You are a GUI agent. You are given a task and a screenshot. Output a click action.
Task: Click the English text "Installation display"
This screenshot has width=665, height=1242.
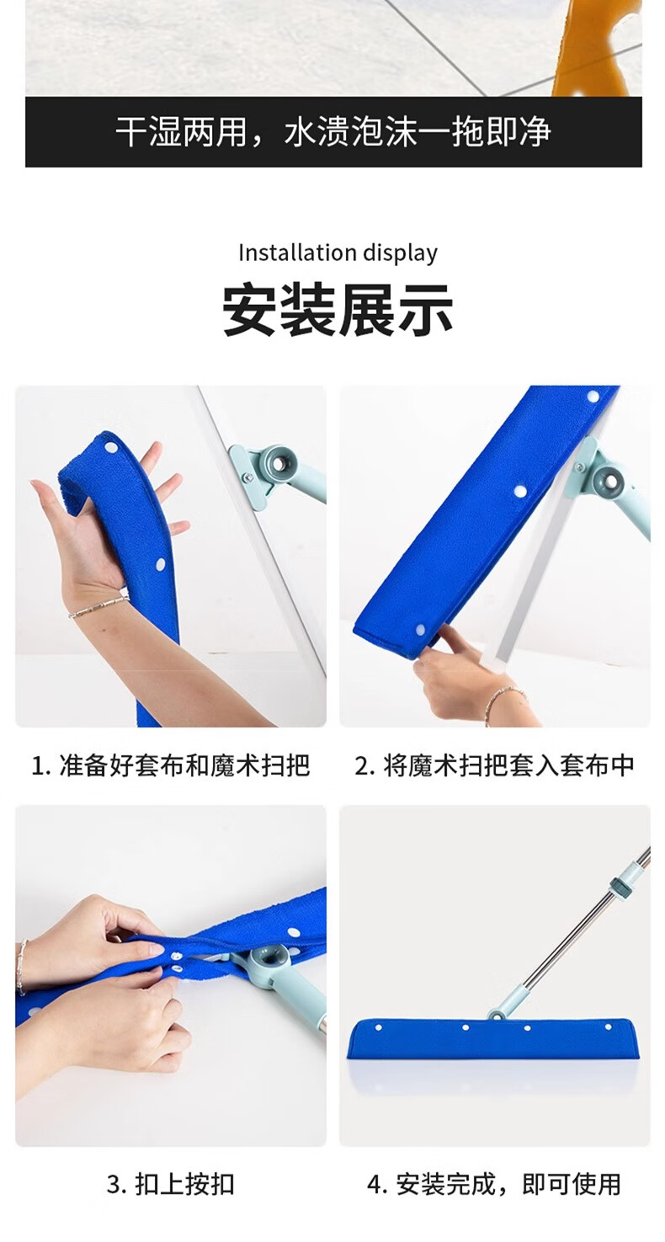pos(338,253)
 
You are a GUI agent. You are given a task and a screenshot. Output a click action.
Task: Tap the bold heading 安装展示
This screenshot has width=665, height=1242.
pos(338,310)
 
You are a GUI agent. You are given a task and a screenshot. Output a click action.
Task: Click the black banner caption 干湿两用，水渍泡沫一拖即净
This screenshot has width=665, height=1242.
pos(333,132)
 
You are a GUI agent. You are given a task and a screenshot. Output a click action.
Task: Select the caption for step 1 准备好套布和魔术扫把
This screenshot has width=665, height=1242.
pos(170,765)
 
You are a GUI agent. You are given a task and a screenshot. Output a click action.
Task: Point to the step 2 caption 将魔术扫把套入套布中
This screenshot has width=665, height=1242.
pos(494,765)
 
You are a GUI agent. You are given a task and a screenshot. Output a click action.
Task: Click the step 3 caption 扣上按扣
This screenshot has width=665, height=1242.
pos(170,1184)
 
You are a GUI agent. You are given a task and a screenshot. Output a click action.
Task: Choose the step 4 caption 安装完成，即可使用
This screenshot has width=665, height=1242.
pos(494,1184)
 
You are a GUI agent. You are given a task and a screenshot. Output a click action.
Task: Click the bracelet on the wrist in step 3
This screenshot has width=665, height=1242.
pos(22,967)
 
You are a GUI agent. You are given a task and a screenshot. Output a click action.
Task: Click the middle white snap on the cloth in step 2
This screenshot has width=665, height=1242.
pos(520,491)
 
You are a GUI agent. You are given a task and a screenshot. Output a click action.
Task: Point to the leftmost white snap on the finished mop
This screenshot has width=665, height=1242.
pos(379,1027)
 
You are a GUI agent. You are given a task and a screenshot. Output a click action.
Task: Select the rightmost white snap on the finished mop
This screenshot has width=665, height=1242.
pos(609,1027)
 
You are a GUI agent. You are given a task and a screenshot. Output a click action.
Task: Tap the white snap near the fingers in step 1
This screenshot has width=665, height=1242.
pos(110,447)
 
